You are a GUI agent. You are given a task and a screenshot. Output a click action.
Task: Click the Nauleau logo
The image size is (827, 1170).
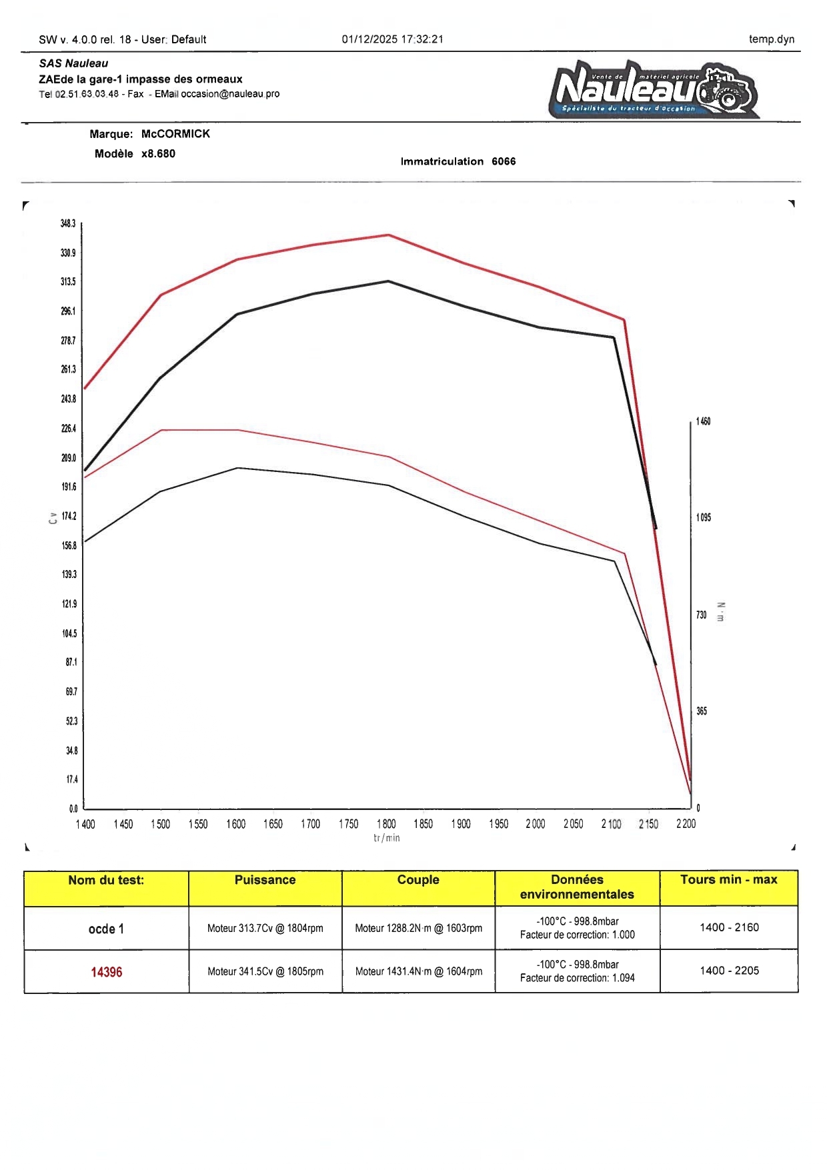pos(654,89)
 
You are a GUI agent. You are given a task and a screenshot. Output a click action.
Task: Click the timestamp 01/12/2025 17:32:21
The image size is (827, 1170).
pos(392,39)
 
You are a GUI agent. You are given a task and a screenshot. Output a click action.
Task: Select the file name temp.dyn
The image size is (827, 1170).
pos(771,39)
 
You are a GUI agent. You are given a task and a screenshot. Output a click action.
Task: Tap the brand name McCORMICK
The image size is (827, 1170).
pos(175,134)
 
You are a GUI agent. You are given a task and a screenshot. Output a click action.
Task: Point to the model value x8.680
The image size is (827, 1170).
pos(158,154)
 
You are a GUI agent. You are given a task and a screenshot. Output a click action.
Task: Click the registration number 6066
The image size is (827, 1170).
pos(504,161)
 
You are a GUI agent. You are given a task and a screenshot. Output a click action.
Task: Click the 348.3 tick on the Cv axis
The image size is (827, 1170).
pos(68,223)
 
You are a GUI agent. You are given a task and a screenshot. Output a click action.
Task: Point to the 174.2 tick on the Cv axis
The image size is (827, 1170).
pos(69,516)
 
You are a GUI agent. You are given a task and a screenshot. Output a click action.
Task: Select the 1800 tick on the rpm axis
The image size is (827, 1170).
pos(386,824)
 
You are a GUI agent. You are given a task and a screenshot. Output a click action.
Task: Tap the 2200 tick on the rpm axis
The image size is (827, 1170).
pos(686,824)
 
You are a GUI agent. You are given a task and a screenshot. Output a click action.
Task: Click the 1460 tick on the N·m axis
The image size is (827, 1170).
pos(703,421)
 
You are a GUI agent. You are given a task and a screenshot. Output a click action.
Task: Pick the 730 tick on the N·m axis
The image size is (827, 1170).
pos(701,615)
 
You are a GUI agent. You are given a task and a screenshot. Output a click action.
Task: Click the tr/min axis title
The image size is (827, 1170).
pos(387,838)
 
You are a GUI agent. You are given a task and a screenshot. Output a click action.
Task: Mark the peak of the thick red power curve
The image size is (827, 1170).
pos(389,235)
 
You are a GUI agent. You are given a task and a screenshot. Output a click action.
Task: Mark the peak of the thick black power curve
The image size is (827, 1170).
pos(389,281)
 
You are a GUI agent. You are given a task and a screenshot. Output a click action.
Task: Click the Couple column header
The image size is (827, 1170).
pos(418,880)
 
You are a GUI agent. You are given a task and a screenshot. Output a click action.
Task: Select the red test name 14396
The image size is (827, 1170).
pos(107,972)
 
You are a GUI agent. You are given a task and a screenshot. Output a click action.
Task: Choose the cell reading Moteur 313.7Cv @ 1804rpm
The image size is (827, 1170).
pos(265,928)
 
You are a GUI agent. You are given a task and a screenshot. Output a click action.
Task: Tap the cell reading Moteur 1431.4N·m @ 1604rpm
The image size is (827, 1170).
pos(418,971)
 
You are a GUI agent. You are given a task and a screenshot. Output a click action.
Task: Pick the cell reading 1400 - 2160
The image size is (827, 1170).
pos(729,927)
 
